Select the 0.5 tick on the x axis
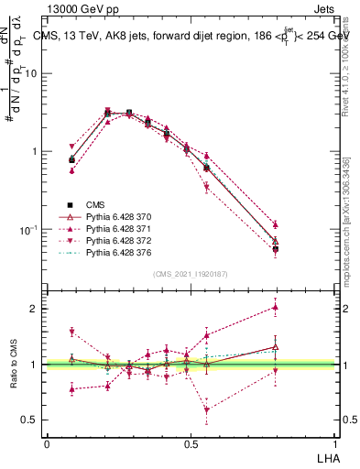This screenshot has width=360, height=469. pyautogui.click(x=190, y=443)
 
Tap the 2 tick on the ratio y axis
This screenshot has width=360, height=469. pyautogui.click(x=37, y=309)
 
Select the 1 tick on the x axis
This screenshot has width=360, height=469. pyautogui.click(x=334, y=443)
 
